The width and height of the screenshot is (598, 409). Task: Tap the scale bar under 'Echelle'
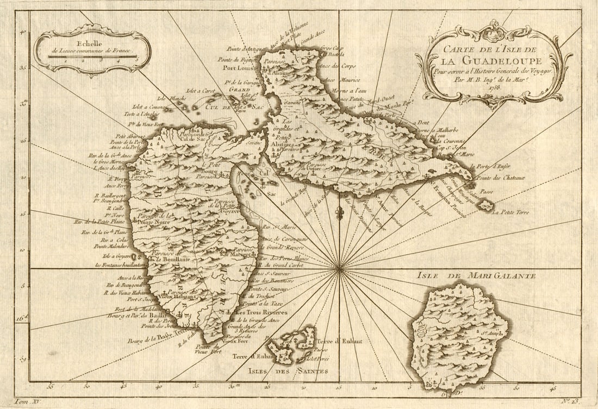93,56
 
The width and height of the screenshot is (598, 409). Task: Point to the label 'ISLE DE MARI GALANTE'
476,276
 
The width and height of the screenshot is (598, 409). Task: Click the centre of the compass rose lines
339,268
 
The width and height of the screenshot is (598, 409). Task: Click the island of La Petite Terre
485,205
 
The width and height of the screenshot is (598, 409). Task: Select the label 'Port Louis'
237,68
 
